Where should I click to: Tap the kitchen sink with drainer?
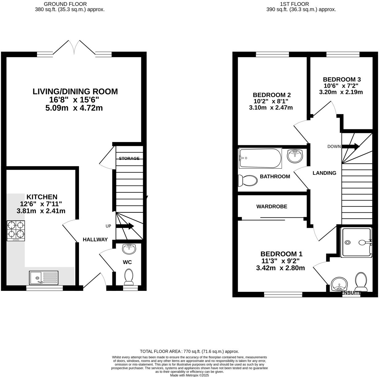[43, 277]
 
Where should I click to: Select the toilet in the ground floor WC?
[128, 277]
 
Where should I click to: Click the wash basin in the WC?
[129, 249]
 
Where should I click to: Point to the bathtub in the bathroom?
[260, 158]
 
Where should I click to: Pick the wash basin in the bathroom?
[295, 156]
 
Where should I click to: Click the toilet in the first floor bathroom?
[248, 181]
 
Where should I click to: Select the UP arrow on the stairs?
[125, 226]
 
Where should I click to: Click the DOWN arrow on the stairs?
[350, 146]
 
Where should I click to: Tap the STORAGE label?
[129, 158]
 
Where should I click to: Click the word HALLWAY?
[95, 239]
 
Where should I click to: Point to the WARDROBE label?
[272, 207]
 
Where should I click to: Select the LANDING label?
[324, 173]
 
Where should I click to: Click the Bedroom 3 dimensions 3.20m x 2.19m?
[341, 92]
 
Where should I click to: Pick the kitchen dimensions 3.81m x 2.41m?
[41, 211]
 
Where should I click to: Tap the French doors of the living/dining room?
[74, 48]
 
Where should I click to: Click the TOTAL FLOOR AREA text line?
[189, 351]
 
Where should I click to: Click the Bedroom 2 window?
[272, 55]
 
